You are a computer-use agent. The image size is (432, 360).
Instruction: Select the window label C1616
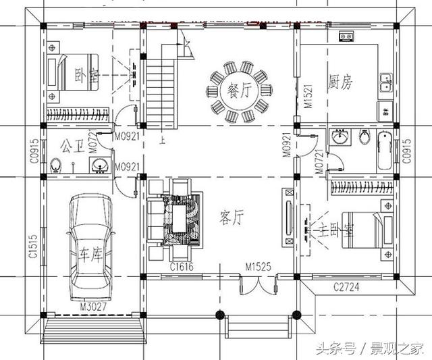(183, 268)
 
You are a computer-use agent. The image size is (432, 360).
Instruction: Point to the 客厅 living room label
(232, 217)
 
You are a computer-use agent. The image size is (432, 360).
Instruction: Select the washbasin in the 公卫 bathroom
(101, 163)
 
